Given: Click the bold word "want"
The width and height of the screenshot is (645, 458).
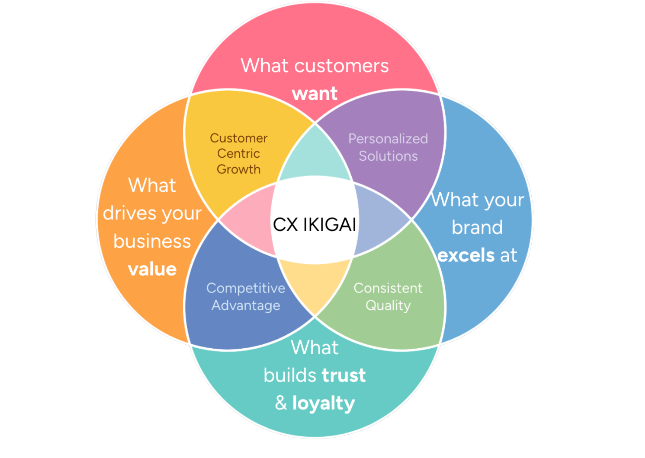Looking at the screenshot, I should [315, 93].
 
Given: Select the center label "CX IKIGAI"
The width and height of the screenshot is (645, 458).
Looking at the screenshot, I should [314, 224].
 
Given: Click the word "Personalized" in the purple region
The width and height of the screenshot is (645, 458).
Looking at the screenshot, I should [388, 139].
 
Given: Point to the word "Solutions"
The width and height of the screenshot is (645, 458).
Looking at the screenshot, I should [388, 156].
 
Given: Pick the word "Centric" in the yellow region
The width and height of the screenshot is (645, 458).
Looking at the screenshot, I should [238, 153].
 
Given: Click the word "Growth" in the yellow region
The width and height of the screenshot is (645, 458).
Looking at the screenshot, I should [238, 169].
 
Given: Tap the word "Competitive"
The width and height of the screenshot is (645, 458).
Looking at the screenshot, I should [245, 288].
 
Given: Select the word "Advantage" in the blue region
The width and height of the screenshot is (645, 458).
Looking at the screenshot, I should [245, 305].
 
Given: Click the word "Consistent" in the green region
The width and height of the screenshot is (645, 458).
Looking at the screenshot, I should [388, 288].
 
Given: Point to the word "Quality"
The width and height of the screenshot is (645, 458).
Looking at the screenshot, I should [388, 305].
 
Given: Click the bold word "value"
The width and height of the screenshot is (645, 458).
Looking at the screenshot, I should [152, 269].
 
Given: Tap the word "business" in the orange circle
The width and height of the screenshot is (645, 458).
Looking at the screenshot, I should [152, 241].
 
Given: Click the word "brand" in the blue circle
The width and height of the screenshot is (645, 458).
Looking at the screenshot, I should [477, 227].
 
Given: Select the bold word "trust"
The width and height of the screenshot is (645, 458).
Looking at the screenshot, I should [344, 375].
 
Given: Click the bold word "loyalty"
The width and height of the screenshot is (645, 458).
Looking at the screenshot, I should [323, 403].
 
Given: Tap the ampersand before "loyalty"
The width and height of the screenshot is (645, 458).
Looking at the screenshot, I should [281, 403].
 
